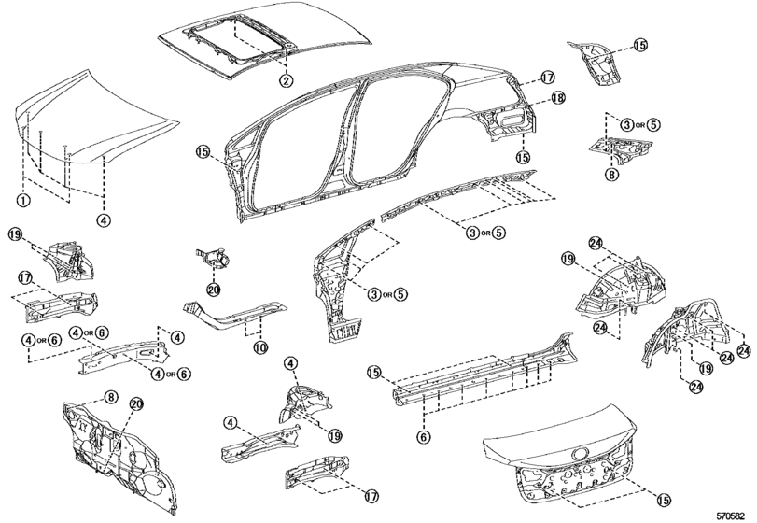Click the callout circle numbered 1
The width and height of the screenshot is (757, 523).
[x=23, y=200]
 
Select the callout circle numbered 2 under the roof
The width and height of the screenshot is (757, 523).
[x=287, y=80]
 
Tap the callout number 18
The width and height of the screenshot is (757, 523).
[x=558, y=98]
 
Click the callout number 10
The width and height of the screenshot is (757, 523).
[x=260, y=347]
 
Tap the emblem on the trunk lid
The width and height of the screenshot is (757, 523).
[x=579, y=455]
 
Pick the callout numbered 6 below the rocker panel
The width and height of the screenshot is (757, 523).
[x=423, y=437]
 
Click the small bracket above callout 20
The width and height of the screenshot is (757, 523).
[x=213, y=258]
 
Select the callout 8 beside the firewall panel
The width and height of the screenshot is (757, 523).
[x=110, y=398]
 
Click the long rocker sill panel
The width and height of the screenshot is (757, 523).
[x=485, y=370]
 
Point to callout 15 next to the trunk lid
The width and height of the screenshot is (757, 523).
[x=664, y=501]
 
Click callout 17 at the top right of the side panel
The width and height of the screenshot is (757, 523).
[x=548, y=78]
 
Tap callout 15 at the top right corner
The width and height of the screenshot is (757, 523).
[x=640, y=45]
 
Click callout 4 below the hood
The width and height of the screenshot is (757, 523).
[x=104, y=220]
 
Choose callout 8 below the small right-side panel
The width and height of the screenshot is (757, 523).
[x=611, y=175]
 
